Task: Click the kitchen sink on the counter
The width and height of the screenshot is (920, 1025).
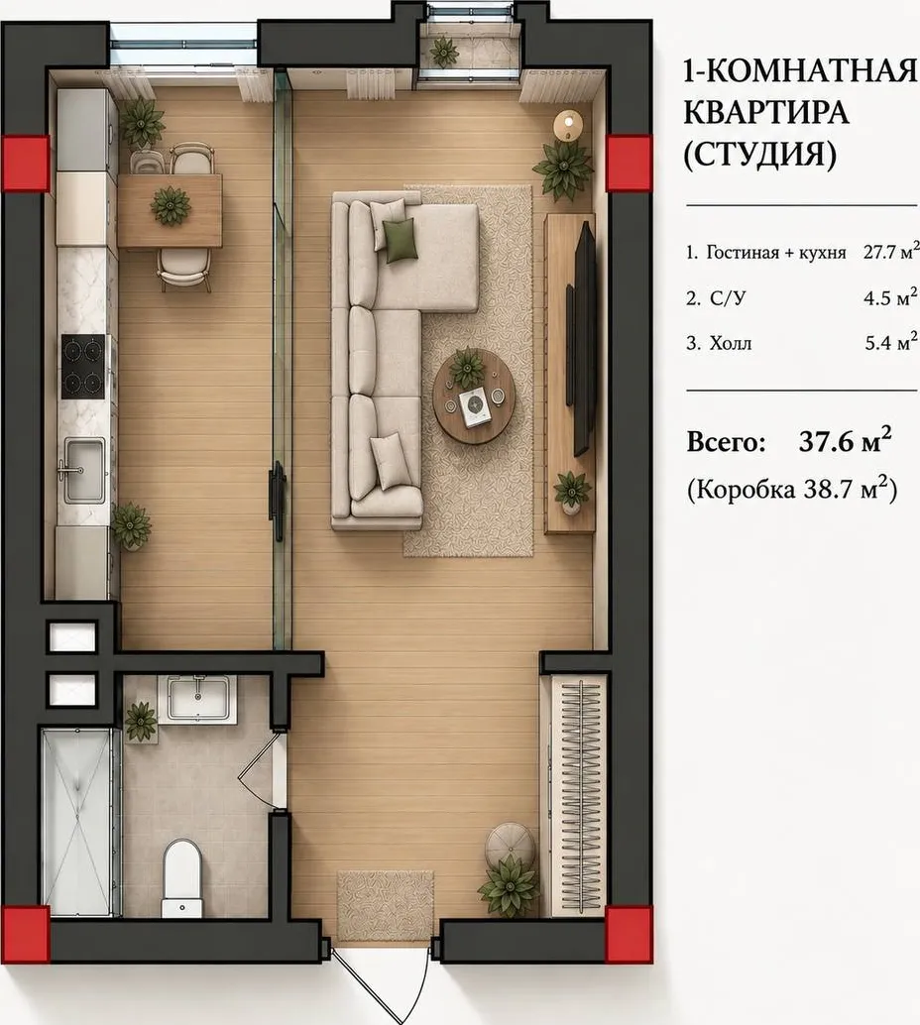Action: pyautogui.click(x=83, y=470)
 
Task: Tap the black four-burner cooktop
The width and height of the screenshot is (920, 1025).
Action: pyautogui.click(x=83, y=366)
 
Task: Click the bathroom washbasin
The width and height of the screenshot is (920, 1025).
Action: pyautogui.click(x=198, y=699)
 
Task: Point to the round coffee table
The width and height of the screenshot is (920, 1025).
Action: pyautogui.click(x=474, y=397)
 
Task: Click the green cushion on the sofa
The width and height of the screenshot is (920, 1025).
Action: pyautogui.click(x=399, y=240)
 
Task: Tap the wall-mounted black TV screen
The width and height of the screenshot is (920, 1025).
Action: pyautogui.click(x=584, y=338)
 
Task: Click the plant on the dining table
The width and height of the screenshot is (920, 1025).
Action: pyautogui.click(x=171, y=205)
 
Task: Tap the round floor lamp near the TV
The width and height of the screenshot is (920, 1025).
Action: pyautogui.click(x=567, y=124)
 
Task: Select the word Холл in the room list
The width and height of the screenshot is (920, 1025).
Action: pyautogui.click(x=731, y=343)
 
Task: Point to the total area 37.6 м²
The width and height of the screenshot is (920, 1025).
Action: pyautogui.click(x=845, y=441)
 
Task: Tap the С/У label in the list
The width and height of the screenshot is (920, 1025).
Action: pyautogui.click(x=728, y=298)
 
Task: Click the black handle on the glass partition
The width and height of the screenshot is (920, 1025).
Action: pyautogui.click(x=279, y=501)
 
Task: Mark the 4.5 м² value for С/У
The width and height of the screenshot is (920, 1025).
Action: pyautogui.click(x=890, y=296)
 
